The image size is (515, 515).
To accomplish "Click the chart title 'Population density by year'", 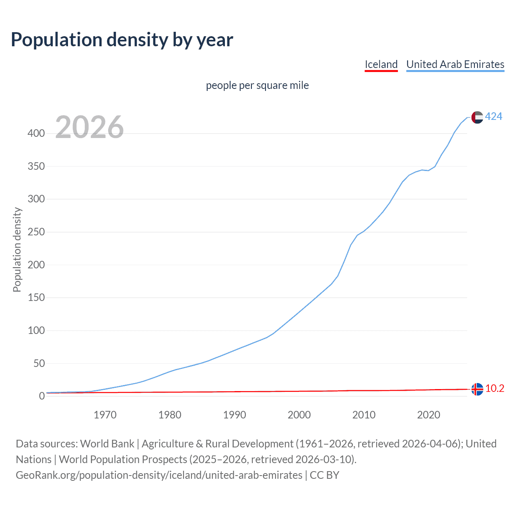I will coord(122,40).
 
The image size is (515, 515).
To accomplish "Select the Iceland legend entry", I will coord(381,64).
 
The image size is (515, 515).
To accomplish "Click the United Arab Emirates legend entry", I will coord(455,64).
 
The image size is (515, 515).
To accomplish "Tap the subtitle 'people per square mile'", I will coord(257,85).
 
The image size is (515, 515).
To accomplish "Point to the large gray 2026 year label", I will coord(89,127).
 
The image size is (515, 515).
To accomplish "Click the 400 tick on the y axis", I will coord(36,133).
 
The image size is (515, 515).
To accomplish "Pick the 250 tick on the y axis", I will coord(36,232).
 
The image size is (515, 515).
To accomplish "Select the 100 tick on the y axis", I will coord(36,331).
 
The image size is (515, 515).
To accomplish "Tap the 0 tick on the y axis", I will coord(41,396).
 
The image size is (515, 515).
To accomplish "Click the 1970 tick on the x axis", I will coord(105,415).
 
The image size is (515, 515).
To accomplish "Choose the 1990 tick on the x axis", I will coord(235,415).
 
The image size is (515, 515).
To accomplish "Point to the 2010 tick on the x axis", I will coord(364,415).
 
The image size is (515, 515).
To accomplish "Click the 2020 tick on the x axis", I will coord(428,415).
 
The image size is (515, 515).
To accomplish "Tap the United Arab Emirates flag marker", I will coord(477,117).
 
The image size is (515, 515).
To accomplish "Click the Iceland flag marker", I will coord(477,389).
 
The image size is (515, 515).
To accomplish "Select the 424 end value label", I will coord(493,117).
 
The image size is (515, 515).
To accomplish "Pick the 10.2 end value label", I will coord(494,389).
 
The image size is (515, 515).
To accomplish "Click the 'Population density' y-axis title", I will coord(17,249).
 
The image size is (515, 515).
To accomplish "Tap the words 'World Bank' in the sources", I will coord(107,444).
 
